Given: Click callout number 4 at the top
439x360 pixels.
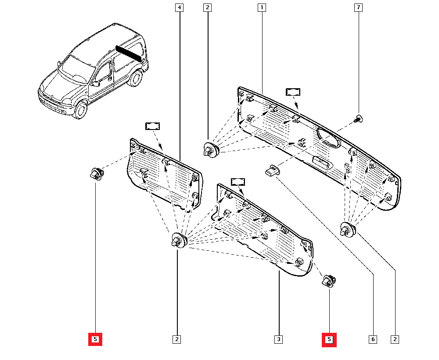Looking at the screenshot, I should point(179,7).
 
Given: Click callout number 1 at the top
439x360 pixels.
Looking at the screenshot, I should point(262,7).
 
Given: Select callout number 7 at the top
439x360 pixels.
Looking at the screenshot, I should point(358,7).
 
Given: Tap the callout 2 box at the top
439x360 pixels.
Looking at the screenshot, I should point(208,7).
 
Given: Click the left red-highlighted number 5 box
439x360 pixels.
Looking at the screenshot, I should point(95,339).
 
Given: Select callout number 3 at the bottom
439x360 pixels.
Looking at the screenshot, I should point(278,339).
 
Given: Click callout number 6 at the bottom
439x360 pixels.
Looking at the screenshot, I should point(373,339).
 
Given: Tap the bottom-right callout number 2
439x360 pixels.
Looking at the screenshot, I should point(396,339).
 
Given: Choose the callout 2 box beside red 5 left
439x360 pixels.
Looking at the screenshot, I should point(176,339).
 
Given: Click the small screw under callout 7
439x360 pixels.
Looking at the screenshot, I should point(358,118).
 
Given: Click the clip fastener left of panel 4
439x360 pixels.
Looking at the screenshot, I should point(96,174).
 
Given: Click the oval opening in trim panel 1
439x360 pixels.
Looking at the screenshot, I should point(328,138).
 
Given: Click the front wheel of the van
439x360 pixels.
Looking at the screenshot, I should point(80,110).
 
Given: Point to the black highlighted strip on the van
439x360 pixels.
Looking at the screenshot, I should point(129,53).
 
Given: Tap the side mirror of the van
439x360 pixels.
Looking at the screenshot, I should point(96,83).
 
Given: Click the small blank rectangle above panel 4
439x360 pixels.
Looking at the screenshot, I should point(152,126).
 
